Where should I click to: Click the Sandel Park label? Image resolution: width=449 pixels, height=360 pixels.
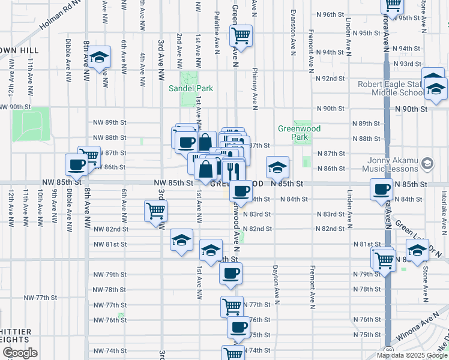(x=199, y=88)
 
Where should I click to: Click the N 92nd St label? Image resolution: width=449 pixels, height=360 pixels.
(x=331, y=78)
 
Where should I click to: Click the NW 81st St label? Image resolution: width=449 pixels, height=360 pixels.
(x=110, y=244)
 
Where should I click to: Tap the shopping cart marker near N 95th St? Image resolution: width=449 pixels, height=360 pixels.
(x=241, y=35)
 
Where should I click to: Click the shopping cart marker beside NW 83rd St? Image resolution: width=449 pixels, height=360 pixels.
(x=155, y=210)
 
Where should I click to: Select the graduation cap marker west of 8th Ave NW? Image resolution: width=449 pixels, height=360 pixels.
(x=100, y=57)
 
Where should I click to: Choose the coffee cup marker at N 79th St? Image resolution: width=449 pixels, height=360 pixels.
(x=231, y=274)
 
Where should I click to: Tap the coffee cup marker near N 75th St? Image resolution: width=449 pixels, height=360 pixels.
(x=238, y=328)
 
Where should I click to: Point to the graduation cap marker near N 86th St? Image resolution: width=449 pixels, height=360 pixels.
(x=277, y=167)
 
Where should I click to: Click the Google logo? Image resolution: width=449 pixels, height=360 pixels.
(x=20, y=353)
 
